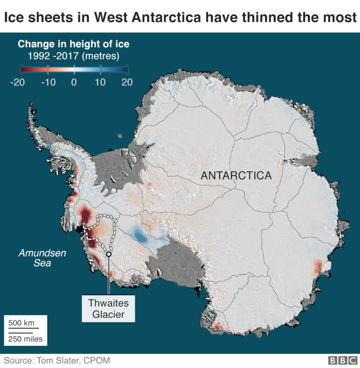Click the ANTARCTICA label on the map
click(x=236, y=175)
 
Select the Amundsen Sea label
click(x=34, y=258)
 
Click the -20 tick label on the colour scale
click(x=17, y=82)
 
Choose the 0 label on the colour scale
click(x=74, y=82)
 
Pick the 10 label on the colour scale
click(x=100, y=82)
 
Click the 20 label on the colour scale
click(x=127, y=82)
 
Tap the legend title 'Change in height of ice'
click(x=74, y=44)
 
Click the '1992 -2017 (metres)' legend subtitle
click(x=74, y=56)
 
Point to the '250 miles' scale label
click(x=25, y=338)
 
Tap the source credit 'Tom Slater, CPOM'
click(x=74, y=360)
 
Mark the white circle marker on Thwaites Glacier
click(x=109, y=253)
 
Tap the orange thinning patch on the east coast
click(x=318, y=268)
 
